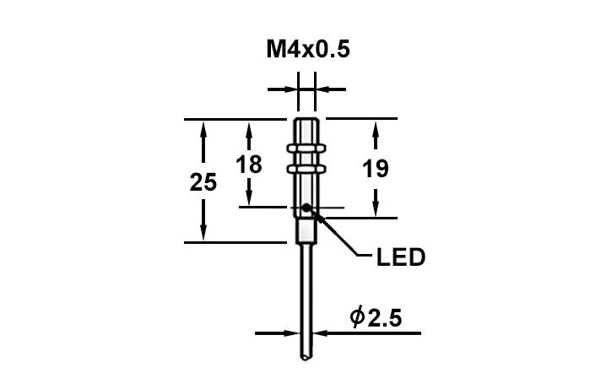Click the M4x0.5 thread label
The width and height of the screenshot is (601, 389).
point(308,50)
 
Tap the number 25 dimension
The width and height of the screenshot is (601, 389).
point(203,182)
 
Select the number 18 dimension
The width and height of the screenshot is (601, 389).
point(249,164)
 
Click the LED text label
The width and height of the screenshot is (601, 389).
point(400,257)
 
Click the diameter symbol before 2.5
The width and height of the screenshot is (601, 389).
point(356,318)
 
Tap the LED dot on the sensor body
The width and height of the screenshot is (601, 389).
point(305,208)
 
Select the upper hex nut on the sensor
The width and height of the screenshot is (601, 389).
point(306,149)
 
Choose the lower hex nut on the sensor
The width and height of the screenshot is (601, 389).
point(306,168)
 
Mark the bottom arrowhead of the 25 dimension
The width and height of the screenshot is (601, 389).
point(203,235)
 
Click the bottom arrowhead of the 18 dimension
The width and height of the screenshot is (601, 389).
point(249,199)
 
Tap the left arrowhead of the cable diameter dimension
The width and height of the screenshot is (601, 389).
point(290,332)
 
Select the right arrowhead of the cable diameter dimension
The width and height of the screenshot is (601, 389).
point(319,332)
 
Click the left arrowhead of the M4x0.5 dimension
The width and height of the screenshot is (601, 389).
point(288,87)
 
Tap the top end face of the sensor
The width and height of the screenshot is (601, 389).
point(306,120)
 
